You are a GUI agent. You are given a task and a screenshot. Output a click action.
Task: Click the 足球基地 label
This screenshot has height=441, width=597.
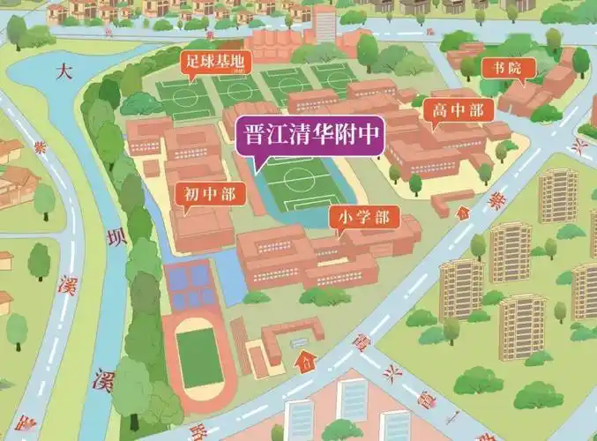click(215, 62)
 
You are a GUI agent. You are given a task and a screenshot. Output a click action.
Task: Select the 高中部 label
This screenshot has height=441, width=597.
click(458, 110)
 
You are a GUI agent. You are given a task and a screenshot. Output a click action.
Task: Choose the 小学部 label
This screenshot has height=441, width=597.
click(363, 217)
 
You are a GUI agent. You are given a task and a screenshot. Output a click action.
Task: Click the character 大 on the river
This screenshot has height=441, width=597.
click(63, 71)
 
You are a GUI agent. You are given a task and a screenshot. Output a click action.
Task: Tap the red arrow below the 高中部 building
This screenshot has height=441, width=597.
click(462, 211)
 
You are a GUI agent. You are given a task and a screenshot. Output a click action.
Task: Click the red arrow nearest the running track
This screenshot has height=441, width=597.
click(306, 360)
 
